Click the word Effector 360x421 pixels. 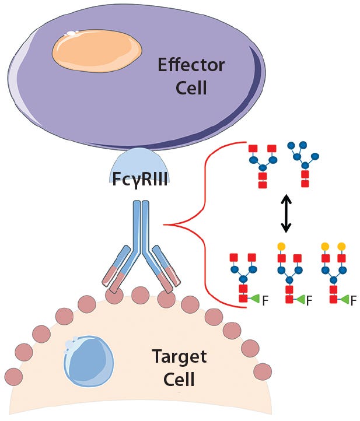click(x=191, y=64)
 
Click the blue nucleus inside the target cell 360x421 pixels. click(x=88, y=359)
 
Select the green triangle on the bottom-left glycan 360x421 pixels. click(x=255, y=300)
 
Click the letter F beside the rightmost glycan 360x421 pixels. click(x=353, y=301)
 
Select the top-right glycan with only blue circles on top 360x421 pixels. click(x=303, y=163)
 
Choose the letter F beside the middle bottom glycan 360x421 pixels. click(x=309, y=301)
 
